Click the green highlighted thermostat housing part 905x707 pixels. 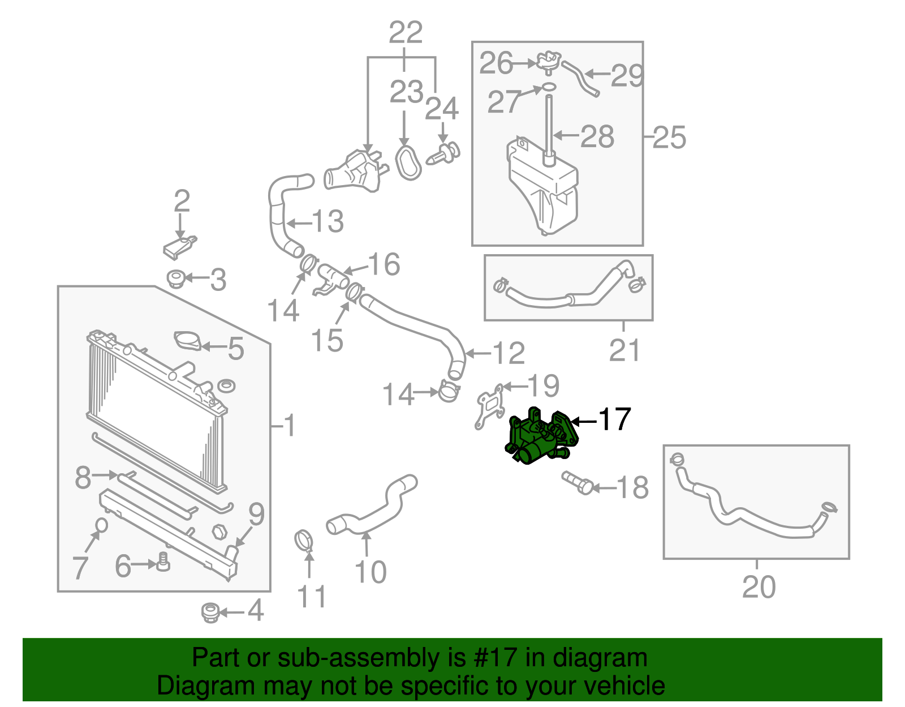(537, 439)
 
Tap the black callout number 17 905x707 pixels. (614, 419)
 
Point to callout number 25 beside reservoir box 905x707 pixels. (670, 138)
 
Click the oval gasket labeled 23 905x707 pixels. (407, 163)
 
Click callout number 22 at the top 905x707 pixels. (406, 32)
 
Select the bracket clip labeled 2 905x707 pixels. (180, 247)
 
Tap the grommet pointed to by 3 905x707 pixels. (176, 278)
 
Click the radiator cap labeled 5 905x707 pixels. (188, 341)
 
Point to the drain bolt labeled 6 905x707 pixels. (163, 562)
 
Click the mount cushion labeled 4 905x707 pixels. (210, 612)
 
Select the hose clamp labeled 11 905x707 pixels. (304, 540)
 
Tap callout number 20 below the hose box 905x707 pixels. (759, 587)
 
